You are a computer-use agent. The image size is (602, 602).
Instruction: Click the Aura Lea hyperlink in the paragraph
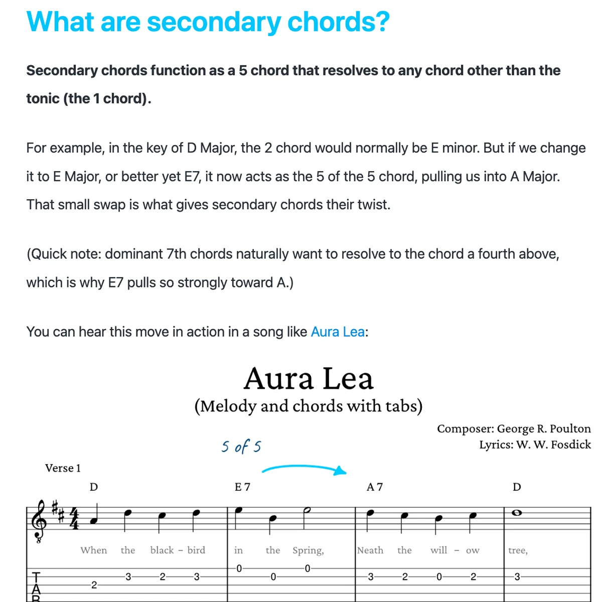pos(338,332)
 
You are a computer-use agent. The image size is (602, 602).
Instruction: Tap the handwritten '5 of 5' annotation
pos(241,446)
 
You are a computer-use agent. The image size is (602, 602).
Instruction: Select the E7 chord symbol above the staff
pos(242,487)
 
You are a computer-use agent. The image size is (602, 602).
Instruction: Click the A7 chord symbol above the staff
pos(375,487)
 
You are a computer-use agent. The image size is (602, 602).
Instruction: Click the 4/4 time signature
pos(74,519)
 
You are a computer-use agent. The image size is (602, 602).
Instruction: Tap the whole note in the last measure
pos(517,513)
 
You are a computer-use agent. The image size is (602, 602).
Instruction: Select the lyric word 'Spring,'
pos(308,550)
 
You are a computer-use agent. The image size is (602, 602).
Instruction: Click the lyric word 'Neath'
pos(370,550)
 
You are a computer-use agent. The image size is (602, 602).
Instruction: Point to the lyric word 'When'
pos(94,550)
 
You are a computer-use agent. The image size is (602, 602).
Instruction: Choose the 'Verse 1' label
pos(63,468)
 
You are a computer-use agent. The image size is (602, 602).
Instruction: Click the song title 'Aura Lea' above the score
pos(309,379)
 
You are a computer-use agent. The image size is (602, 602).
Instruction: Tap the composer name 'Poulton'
pos(570,429)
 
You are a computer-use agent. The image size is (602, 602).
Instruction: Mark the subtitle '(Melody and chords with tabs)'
pos(309,406)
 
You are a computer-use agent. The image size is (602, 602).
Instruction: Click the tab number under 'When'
pos(94,585)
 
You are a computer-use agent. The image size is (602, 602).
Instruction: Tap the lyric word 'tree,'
pos(518,550)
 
